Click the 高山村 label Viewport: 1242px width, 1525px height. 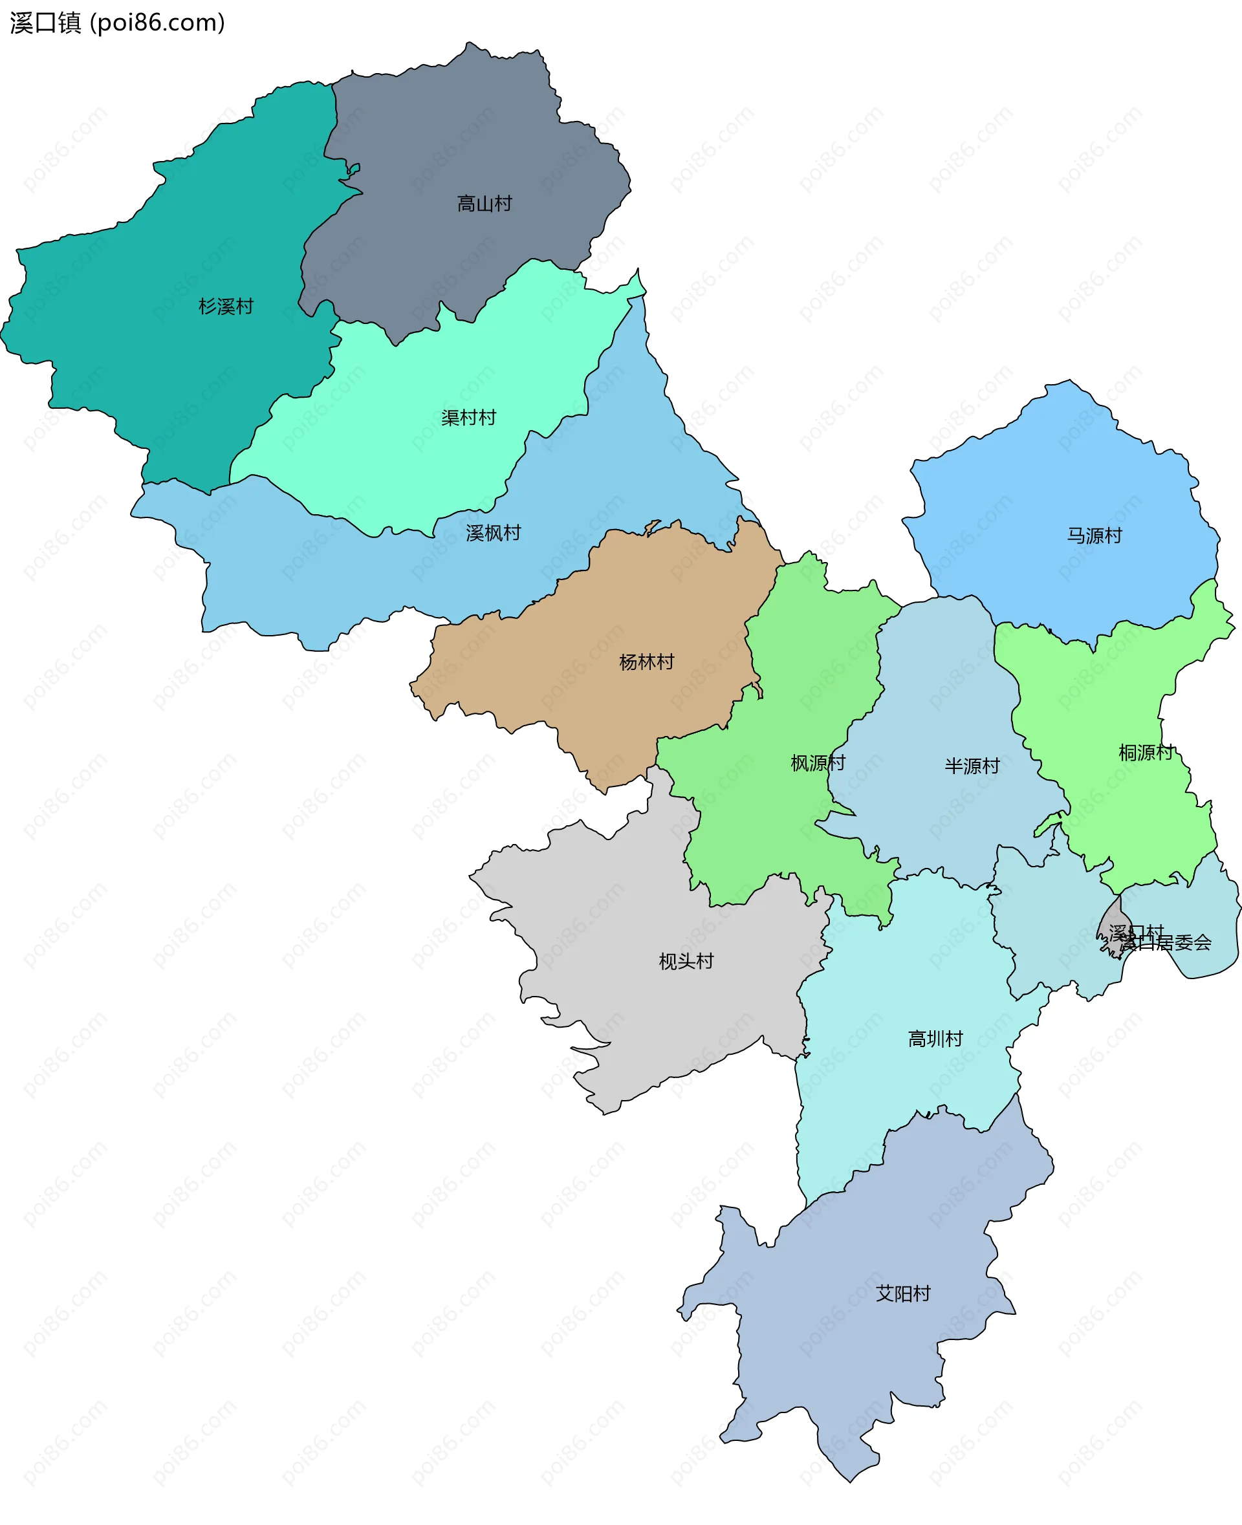[x=485, y=204]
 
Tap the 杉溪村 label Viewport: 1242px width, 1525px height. [x=226, y=307]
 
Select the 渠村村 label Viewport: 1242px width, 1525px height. [x=468, y=418]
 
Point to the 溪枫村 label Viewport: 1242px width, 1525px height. [x=493, y=533]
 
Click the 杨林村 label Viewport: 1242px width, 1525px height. [x=646, y=662]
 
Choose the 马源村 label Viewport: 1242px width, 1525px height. [x=1094, y=535]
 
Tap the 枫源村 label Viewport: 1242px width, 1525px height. [x=818, y=763]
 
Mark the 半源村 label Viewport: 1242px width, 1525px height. [x=972, y=766]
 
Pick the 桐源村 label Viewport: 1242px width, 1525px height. [x=1146, y=753]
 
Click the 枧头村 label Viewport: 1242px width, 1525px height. [x=686, y=961]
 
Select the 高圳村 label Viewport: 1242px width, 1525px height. [x=935, y=1039]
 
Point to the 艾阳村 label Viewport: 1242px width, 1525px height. [x=903, y=1293]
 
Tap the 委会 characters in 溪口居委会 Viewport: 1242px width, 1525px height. [x=1193, y=944]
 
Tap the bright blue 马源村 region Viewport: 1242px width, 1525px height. [x=1059, y=486]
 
